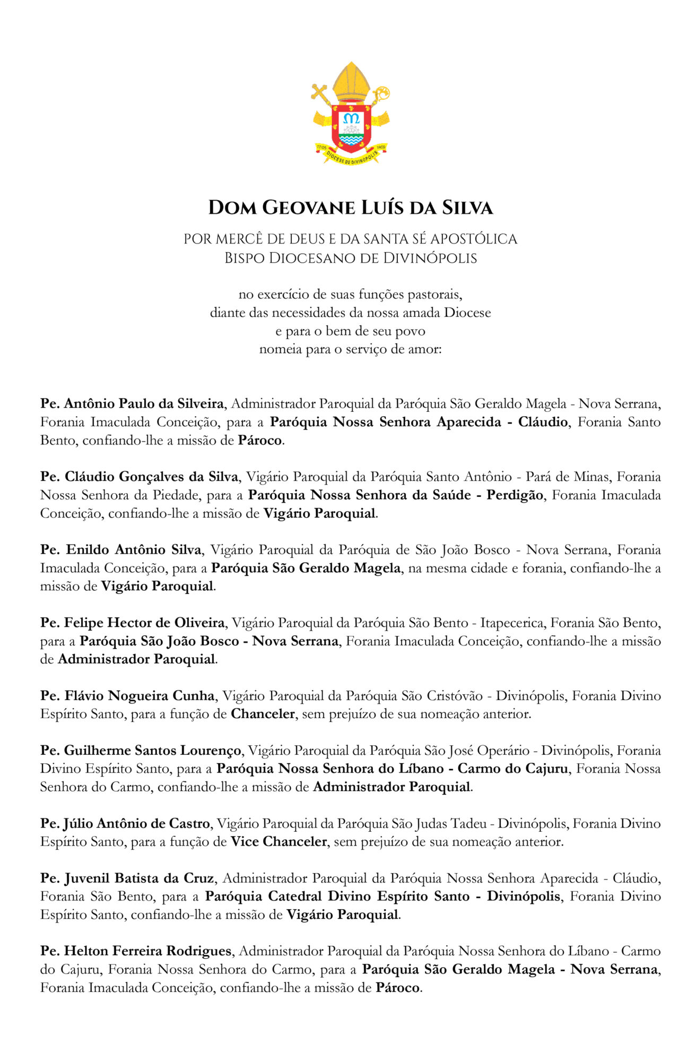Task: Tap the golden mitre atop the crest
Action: coord(350,81)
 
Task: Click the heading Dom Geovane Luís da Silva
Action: coord(350,208)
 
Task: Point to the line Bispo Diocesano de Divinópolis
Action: coord(350,259)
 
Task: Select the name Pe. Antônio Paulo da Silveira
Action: coord(132,404)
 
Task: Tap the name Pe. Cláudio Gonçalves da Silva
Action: coord(139,477)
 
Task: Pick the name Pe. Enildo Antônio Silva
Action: coord(121,550)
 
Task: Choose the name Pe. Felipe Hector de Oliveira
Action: coord(133,623)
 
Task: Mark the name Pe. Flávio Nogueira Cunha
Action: coord(127,696)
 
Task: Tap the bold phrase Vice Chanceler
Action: coord(279,842)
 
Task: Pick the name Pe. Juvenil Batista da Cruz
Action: coord(127,878)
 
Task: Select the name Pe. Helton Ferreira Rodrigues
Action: coord(136,951)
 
